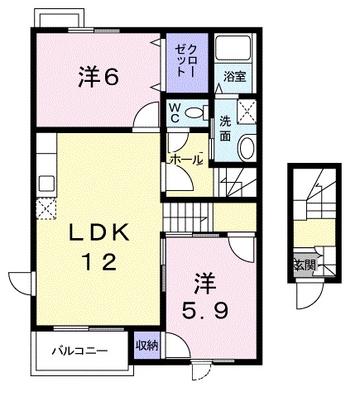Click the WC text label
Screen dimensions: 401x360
[x=175, y=112]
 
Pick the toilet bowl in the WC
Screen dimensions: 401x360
[x=196, y=112]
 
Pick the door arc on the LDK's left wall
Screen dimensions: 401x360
[x=20, y=279]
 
